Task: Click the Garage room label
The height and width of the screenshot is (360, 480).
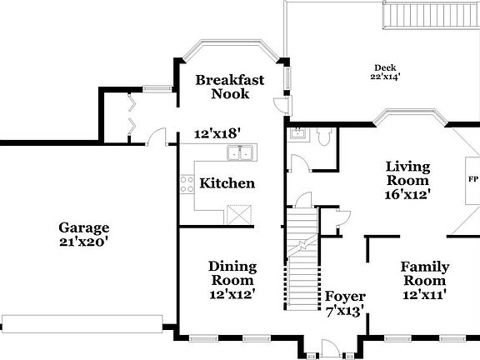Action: tap(83, 227)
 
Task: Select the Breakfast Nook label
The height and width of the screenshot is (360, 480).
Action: tap(230, 87)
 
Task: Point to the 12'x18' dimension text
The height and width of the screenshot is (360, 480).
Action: tap(217, 133)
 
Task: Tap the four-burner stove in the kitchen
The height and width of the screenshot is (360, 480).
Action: tap(186, 183)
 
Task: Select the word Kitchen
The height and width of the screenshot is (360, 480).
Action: tap(227, 183)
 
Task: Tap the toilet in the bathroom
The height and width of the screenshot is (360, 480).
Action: tap(326, 138)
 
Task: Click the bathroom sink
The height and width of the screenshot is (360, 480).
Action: tap(297, 133)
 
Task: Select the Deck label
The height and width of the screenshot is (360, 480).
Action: tap(384, 67)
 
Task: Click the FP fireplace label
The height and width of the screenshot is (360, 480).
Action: tap(472, 178)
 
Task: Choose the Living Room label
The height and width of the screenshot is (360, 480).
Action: tap(407, 173)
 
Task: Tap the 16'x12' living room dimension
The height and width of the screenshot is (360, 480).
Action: tap(407, 195)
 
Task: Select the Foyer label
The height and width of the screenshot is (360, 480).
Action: tap(345, 297)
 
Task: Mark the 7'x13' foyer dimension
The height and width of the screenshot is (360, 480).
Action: tap(345, 312)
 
